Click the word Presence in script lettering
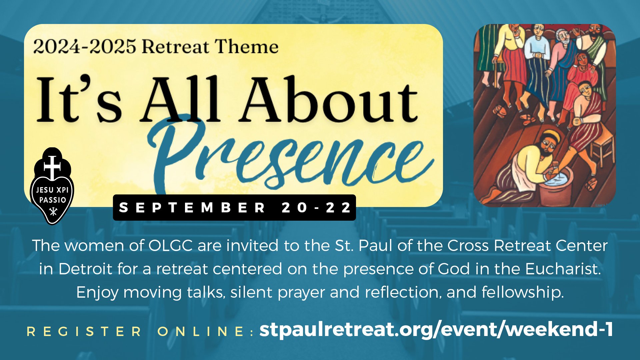tap(290, 157)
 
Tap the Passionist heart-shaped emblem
tap(52, 186)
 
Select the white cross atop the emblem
tap(52, 167)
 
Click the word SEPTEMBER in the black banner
tap(192, 208)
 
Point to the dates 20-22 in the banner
tap(316, 208)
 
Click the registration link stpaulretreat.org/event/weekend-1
tap(436, 330)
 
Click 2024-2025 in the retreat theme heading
tap(85, 47)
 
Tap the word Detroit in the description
tap(85, 269)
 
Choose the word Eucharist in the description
tap(563, 269)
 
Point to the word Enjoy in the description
tap(97, 293)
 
